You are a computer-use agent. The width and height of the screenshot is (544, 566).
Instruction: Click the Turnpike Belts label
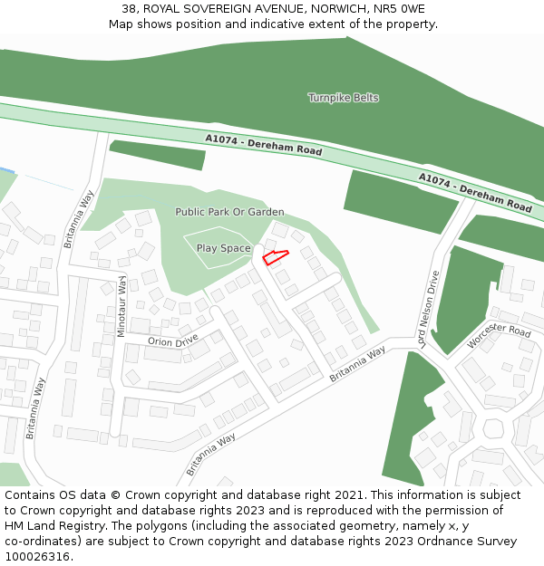click(x=343, y=98)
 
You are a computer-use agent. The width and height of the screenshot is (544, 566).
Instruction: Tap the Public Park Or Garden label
click(x=229, y=212)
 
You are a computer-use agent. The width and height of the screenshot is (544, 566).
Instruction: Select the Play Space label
click(x=223, y=248)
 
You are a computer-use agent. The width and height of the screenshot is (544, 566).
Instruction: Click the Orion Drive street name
click(x=173, y=341)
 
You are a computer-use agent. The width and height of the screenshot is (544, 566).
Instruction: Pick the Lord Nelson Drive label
click(x=428, y=308)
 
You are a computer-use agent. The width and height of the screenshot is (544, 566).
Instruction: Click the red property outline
click(x=275, y=257)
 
